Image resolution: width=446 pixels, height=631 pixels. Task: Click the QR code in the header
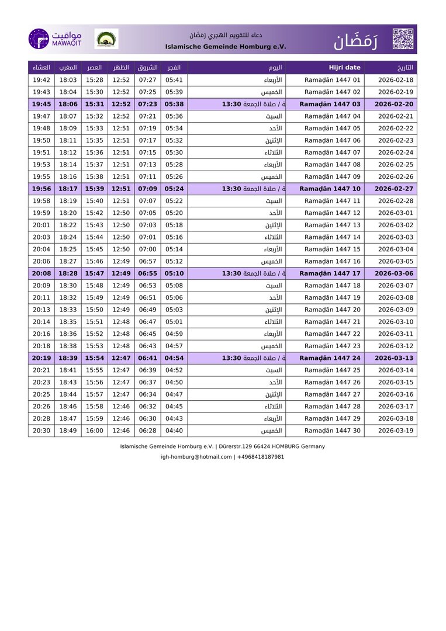pos(403,39)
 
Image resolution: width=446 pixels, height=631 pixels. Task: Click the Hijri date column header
pos(344,67)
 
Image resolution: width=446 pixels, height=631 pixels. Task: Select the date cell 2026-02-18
pos(395,80)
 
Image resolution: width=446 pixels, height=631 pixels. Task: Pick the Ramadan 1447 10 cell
pos(330,189)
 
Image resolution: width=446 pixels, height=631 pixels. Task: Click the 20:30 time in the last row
pos(41,431)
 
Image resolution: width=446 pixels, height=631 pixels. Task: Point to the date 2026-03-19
pos(395,431)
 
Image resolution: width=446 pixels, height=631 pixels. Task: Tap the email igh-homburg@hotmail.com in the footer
pos(196,457)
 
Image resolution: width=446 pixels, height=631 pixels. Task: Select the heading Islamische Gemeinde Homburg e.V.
pos(225,46)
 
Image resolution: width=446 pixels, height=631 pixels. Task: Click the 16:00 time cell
pos(94,431)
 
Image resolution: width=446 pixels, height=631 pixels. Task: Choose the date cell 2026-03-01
pos(395,213)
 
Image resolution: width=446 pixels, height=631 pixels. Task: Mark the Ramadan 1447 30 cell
pos(332,431)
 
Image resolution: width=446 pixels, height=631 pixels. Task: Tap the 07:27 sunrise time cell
pos(147,80)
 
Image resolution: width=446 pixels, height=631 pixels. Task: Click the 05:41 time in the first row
pos(174,80)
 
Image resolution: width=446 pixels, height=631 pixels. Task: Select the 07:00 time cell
pos(147,249)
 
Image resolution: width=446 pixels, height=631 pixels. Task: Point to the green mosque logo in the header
pos(106,39)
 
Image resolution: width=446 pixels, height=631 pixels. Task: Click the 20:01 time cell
pos(41,225)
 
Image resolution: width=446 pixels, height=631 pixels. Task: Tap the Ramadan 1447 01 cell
pos(332,80)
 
